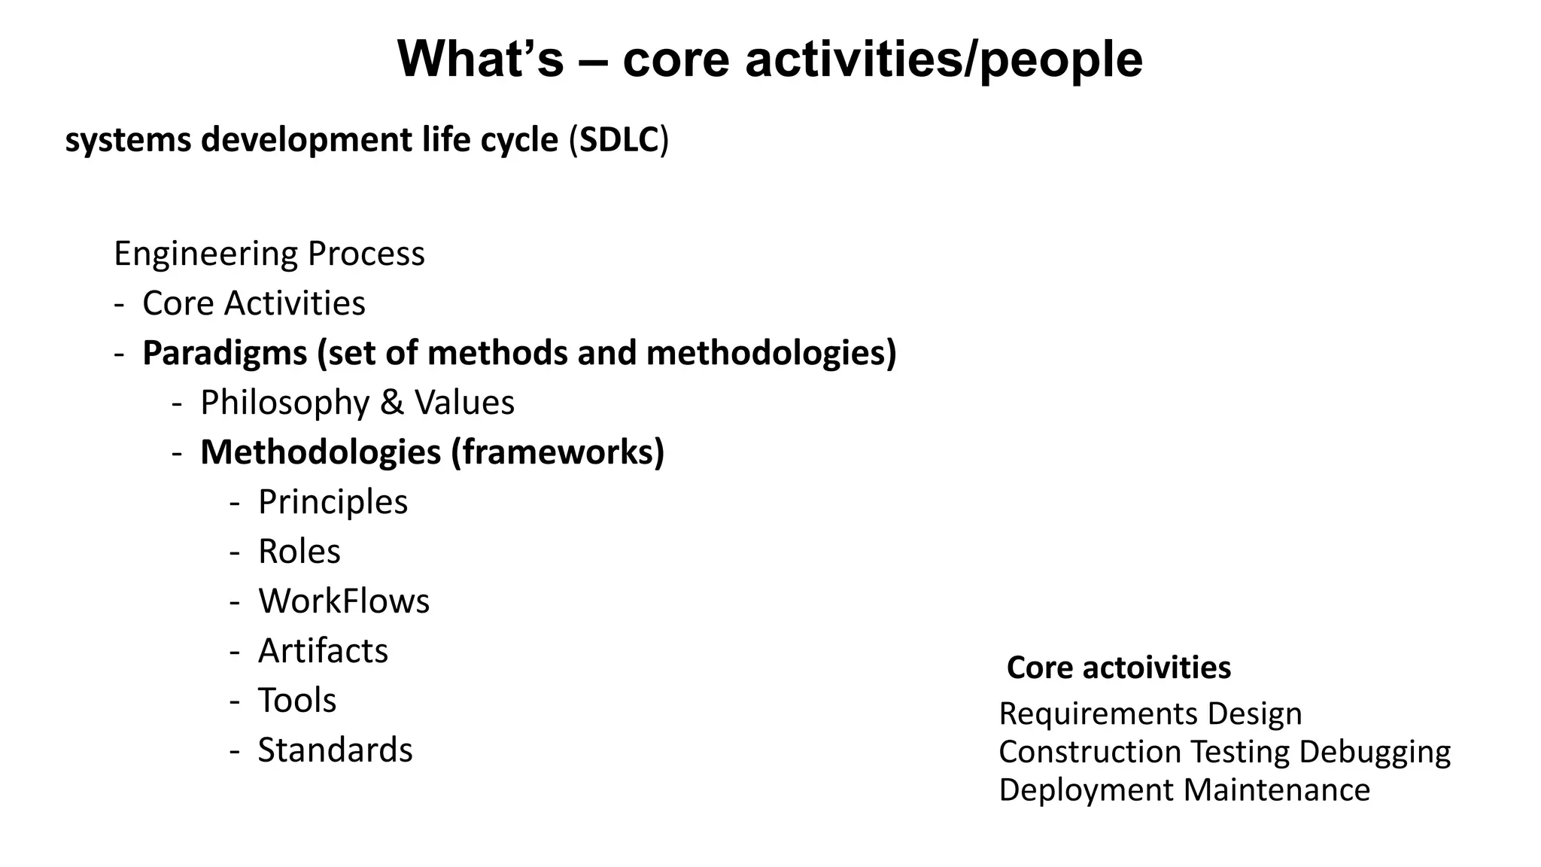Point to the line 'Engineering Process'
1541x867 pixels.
tap(269, 254)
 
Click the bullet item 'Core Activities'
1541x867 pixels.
tap(254, 303)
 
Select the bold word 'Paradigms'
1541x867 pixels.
tap(224, 353)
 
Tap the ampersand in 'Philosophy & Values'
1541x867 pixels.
tap(391, 403)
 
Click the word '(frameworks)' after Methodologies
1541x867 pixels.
tap(558, 452)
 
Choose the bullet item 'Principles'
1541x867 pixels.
tap(333, 502)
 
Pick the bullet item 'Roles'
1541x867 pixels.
tap(299, 552)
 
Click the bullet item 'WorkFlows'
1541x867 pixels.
tap(344, 601)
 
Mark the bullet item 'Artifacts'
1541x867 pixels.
tap(323, 651)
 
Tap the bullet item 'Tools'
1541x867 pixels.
tap(296, 701)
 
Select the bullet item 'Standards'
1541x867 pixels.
tap(335, 750)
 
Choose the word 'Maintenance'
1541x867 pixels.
tap(1276, 790)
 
